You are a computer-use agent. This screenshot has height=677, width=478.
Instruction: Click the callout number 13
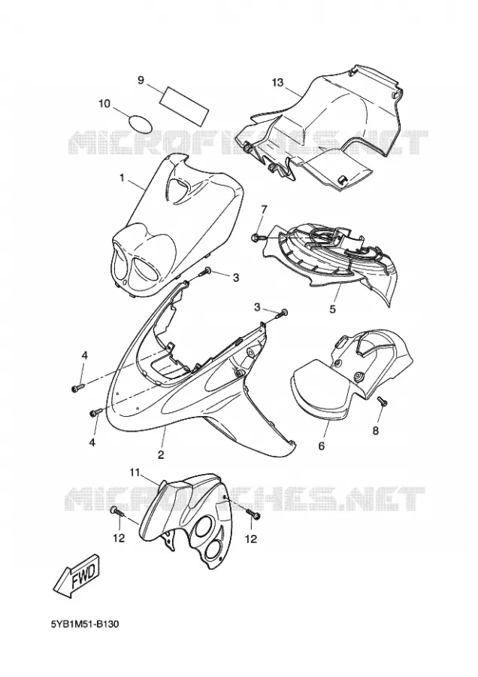[278, 82]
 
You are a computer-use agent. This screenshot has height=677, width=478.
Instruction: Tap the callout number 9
[141, 80]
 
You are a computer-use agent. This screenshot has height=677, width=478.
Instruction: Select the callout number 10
[104, 104]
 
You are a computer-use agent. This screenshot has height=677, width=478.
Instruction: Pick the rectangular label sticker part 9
[185, 105]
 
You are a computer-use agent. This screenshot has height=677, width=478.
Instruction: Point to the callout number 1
[122, 178]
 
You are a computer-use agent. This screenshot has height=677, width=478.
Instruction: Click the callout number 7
[264, 211]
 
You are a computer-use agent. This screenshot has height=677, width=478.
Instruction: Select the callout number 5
[333, 309]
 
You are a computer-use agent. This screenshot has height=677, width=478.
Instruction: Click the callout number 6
[322, 446]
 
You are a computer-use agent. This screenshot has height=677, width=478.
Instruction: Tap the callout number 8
[375, 430]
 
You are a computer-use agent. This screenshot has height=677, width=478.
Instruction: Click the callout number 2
[161, 454]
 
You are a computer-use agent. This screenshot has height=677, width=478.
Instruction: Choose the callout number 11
[135, 473]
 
